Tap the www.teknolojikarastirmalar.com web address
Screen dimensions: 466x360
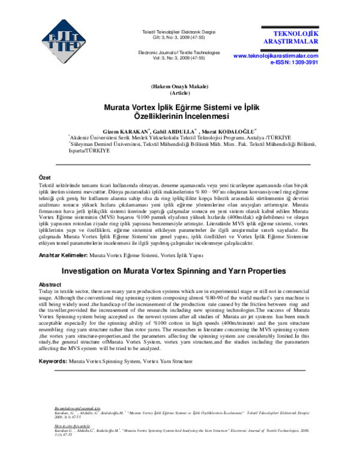(x=275, y=55)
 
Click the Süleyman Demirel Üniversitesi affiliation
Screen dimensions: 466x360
(x=183, y=145)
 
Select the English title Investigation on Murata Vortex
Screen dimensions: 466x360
(x=179, y=271)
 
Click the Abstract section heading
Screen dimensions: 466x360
(x=50, y=284)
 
